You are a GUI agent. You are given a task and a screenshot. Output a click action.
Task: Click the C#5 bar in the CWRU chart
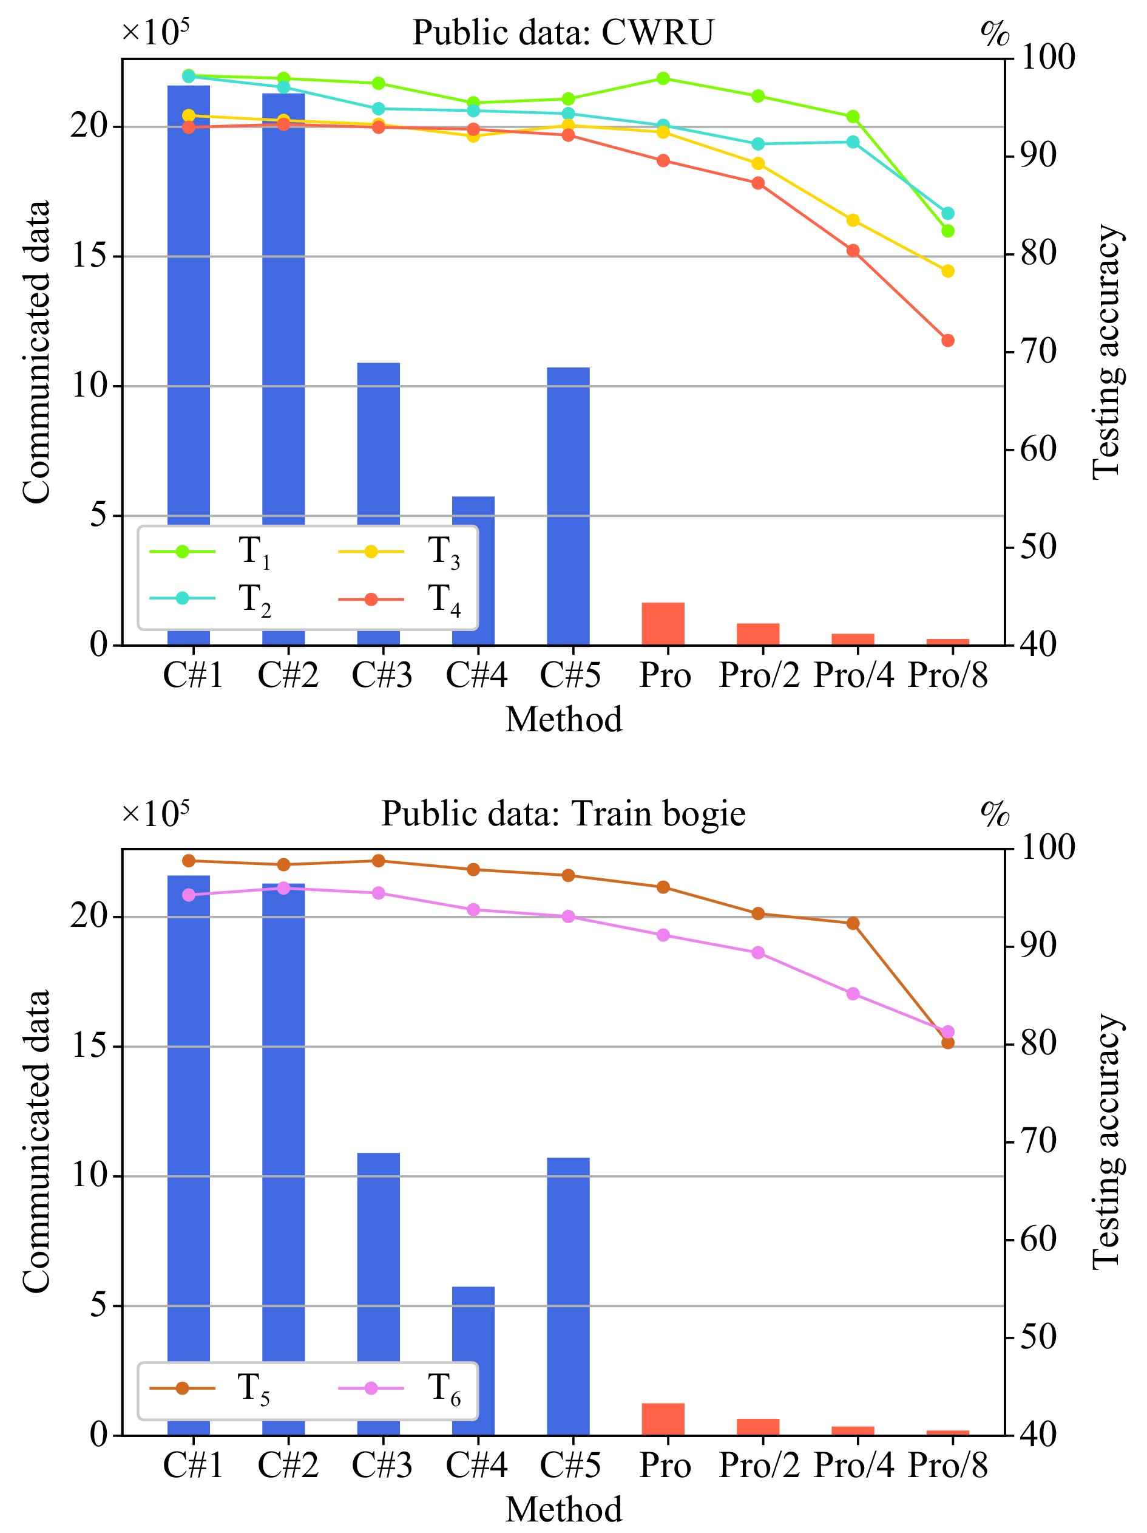coord(568,506)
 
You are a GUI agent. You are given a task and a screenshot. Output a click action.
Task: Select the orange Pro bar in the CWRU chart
coord(663,624)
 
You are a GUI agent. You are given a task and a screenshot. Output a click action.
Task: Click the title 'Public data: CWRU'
coord(563,33)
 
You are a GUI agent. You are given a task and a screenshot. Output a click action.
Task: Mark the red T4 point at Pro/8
coord(947,340)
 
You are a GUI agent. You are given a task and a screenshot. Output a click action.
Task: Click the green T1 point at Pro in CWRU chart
coord(663,78)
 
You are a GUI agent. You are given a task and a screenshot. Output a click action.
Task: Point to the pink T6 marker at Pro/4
coord(853,994)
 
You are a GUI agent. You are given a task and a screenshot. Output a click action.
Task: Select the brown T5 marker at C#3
coord(378,861)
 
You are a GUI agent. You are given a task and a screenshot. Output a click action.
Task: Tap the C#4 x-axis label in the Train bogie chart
coord(476,1465)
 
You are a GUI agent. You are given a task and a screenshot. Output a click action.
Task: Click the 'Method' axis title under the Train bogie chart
coord(563,1509)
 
